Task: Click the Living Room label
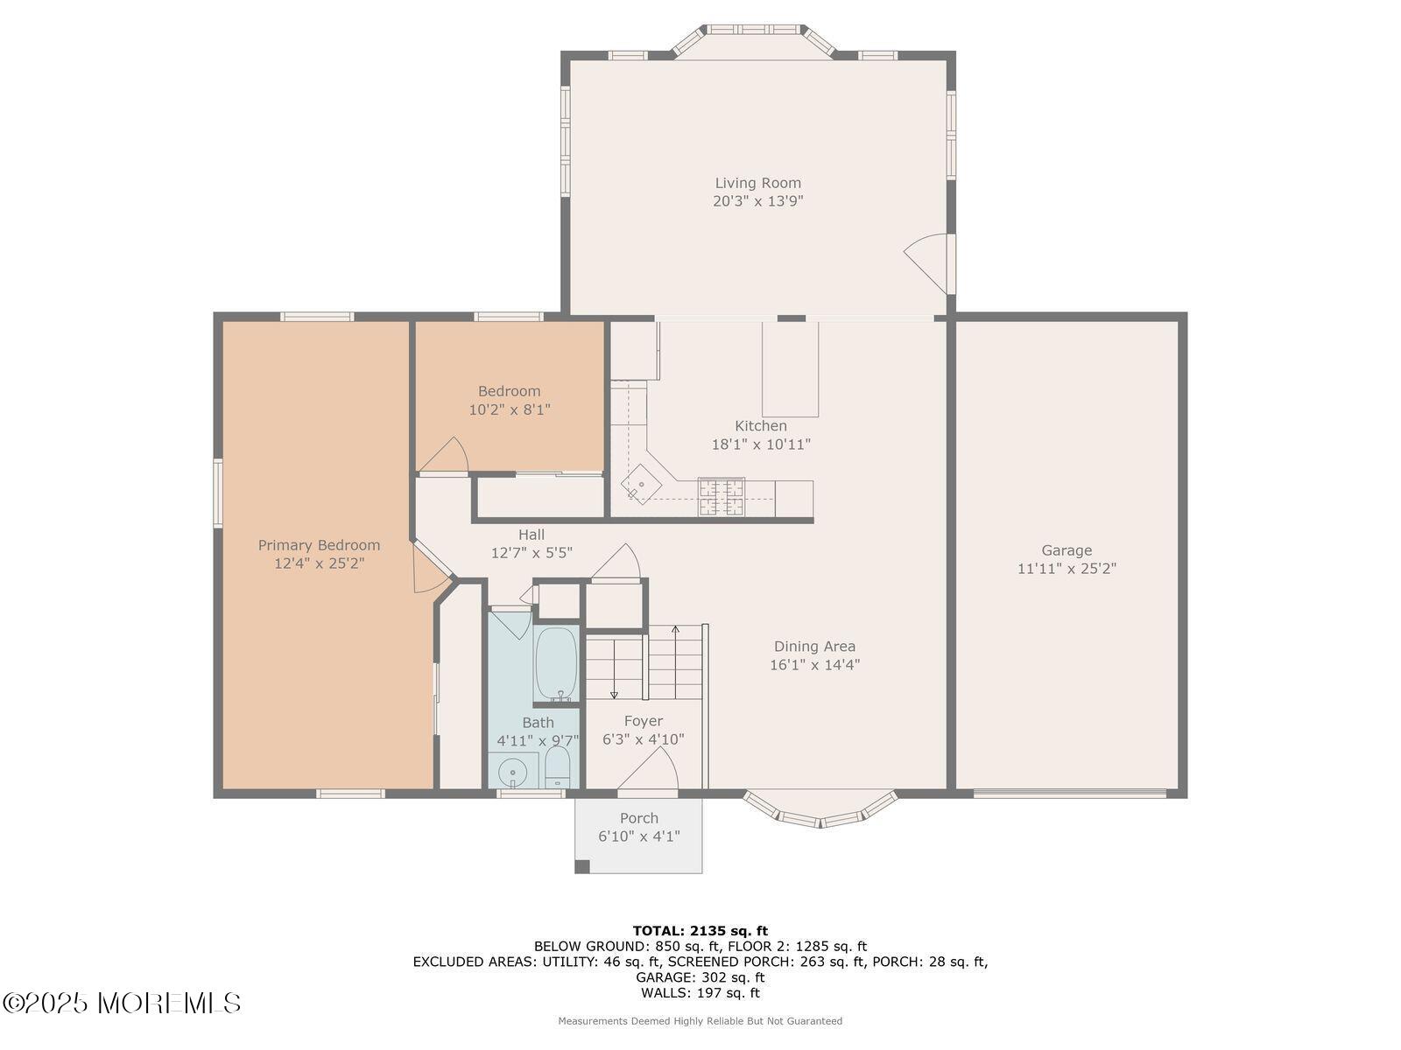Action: point(757,183)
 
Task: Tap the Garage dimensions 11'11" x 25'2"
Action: point(1067,568)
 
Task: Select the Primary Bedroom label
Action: point(319,545)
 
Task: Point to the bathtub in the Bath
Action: point(556,663)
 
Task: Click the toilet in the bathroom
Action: point(558,767)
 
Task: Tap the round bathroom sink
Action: point(512,772)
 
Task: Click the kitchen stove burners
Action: point(722,497)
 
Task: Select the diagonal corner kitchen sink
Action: point(640,484)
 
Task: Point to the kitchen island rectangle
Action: point(790,369)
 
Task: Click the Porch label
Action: point(639,818)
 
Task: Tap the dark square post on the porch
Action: point(582,866)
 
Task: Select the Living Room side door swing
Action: point(926,262)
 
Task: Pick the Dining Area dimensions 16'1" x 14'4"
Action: point(814,664)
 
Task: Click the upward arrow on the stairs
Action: point(675,662)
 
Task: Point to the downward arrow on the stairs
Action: point(614,669)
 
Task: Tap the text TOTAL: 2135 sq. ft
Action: point(700,931)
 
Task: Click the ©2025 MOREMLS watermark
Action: point(121,1003)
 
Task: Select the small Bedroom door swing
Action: point(444,454)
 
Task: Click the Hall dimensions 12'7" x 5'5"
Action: point(532,553)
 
